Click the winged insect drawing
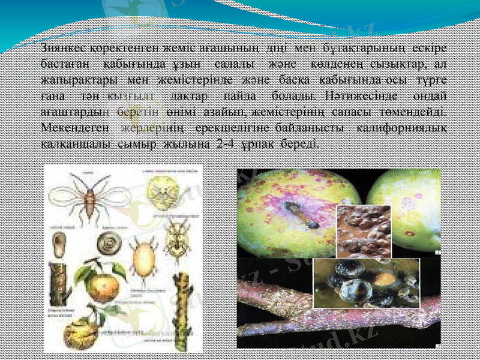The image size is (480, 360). click(88, 194)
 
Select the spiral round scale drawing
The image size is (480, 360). click(111, 244)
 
